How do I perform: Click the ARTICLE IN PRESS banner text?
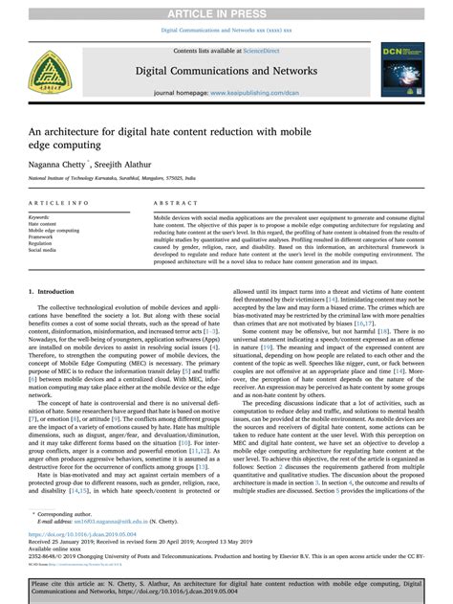click(x=226, y=10)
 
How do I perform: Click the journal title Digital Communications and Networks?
click(x=226, y=68)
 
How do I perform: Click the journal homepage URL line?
click(x=226, y=95)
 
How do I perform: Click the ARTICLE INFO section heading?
click(x=60, y=205)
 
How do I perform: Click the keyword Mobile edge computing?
click(x=54, y=231)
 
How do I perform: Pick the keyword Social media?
click(x=44, y=249)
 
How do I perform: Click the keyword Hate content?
click(x=44, y=225)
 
